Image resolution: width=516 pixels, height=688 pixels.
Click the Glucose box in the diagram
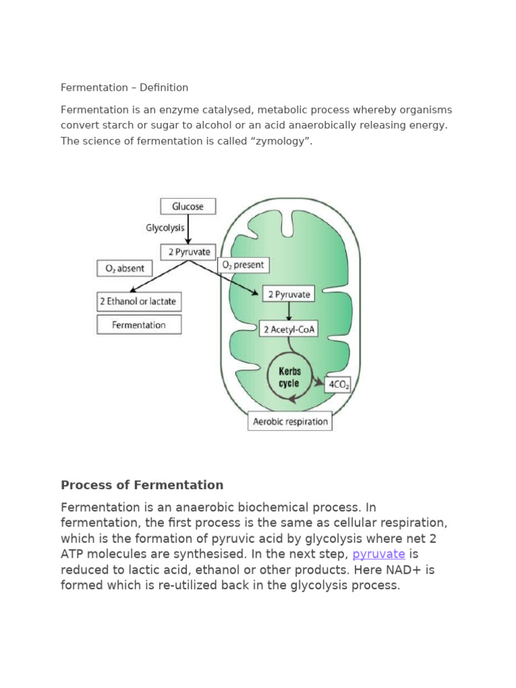(x=188, y=206)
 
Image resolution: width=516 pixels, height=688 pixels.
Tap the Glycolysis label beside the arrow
(x=165, y=228)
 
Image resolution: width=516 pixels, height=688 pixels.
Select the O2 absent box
(x=125, y=268)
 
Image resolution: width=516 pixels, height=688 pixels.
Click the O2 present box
(x=244, y=265)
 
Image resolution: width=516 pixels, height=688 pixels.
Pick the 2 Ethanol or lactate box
(x=139, y=302)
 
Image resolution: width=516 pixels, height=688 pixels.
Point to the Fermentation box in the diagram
(x=139, y=325)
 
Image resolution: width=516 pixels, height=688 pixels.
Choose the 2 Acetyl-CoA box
(x=289, y=329)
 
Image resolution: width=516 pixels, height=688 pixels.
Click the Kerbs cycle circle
(x=289, y=378)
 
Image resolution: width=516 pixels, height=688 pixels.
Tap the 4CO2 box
(x=337, y=385)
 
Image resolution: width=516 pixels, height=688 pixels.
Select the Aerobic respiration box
(x=290, y=421)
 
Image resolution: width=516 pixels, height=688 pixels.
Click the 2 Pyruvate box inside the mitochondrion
(x=289, y=294)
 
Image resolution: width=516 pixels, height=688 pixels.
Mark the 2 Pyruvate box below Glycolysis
(x=188, y=252)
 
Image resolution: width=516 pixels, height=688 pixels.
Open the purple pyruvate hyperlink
(x=378, y=554)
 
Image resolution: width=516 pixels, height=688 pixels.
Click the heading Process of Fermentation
(x=142, y=485)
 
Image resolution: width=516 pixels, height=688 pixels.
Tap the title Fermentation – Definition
(x=124, y=87)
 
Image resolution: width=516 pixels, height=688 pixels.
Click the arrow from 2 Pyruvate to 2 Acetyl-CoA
(x=289, y=312)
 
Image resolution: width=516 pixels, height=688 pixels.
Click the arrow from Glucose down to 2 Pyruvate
(x=188, y=229)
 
